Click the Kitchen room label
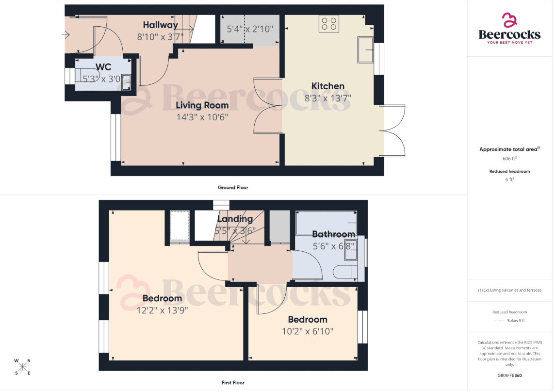328,86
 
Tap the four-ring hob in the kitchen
329,24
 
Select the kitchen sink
365,50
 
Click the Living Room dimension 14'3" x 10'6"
202,117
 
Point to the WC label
103,67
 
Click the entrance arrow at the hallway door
66,35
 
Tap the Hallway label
161,25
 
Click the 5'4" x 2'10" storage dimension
250,29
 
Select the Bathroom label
333,234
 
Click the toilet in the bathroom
345,272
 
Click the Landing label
235,219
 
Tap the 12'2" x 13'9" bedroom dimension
162,310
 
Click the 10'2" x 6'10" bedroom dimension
308,331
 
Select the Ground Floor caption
233,187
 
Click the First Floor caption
233,382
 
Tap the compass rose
23,366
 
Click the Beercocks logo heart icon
510,20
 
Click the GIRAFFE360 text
510,376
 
